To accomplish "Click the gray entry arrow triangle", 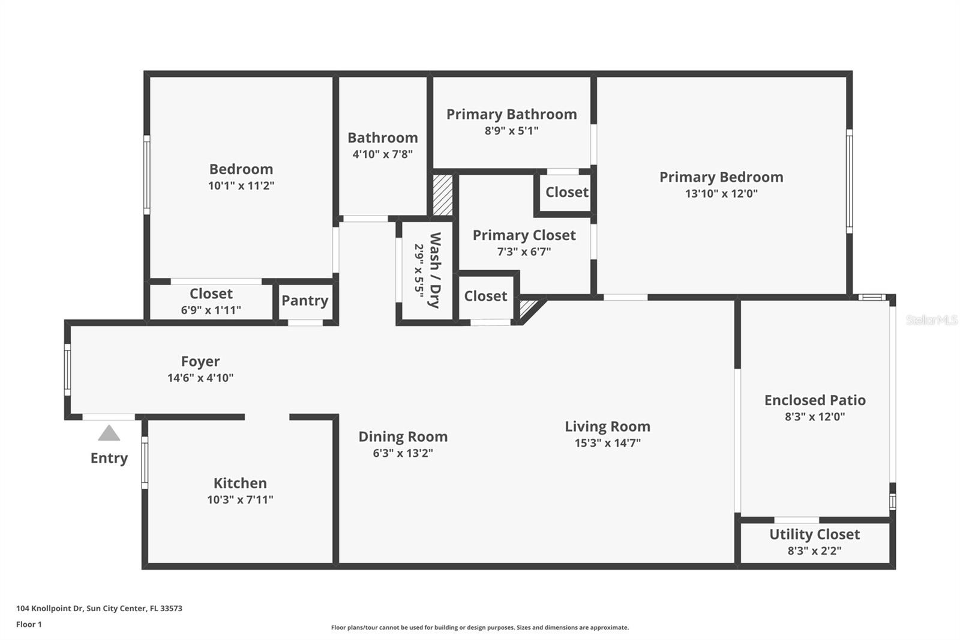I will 109,433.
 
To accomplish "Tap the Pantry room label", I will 305,301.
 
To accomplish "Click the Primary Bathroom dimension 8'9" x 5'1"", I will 511,131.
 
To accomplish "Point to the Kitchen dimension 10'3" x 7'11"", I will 240,500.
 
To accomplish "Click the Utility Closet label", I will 814,534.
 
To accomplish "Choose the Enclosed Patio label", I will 814,400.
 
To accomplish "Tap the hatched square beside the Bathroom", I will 443,195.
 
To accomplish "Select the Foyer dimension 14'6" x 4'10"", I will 200,378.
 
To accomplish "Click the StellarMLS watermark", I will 931,320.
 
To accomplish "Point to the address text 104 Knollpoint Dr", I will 99,608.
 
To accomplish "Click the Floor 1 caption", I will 29,624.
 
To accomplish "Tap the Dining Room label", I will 403,436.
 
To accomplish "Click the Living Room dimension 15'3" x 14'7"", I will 607,443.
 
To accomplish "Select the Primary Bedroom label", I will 721,177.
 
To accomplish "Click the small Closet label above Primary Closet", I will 566,192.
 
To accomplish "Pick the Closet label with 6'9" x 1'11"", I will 211,294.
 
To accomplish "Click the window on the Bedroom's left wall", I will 146,174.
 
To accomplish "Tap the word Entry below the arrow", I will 109,458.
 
